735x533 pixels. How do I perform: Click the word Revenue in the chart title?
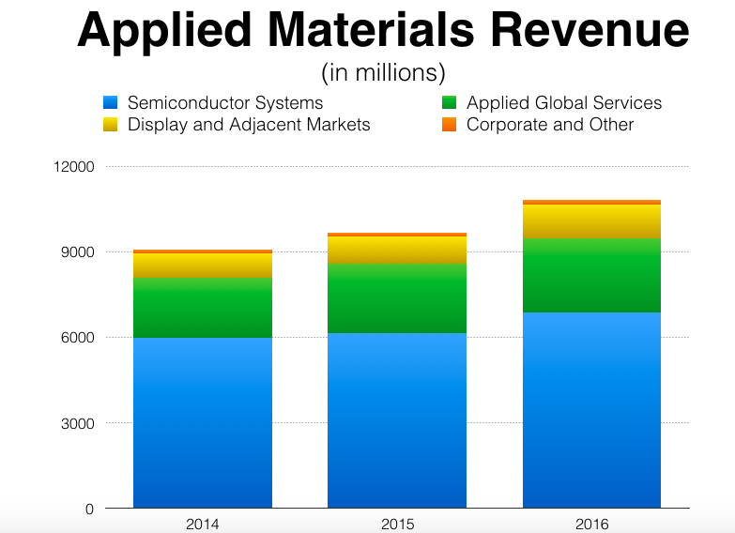(x=589, y=31)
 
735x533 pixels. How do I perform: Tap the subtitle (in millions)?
(x=383, y=72)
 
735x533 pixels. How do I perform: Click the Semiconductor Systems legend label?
(x=225, y=103)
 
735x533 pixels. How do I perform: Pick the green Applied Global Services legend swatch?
(x=449, y=102)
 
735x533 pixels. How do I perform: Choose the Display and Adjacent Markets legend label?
(x=249, y=125)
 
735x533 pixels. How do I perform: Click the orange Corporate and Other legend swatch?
(x=449, y=124)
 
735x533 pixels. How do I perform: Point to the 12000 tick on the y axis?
(x=75, y=167)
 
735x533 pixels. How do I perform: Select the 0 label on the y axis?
(x=89, y=509)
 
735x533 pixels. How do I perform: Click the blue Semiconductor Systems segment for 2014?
(x=203, y=422)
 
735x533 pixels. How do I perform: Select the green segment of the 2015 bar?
(x=396, y=298)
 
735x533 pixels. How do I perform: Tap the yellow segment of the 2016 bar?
(x=591, y=221)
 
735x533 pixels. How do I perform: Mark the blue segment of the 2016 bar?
(x=591, y=410)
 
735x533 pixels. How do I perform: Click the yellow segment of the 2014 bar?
(x=203, y=265)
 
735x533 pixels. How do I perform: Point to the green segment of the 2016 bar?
(x=591, y=275)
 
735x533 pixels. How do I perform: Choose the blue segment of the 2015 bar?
(x=396, y=420)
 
